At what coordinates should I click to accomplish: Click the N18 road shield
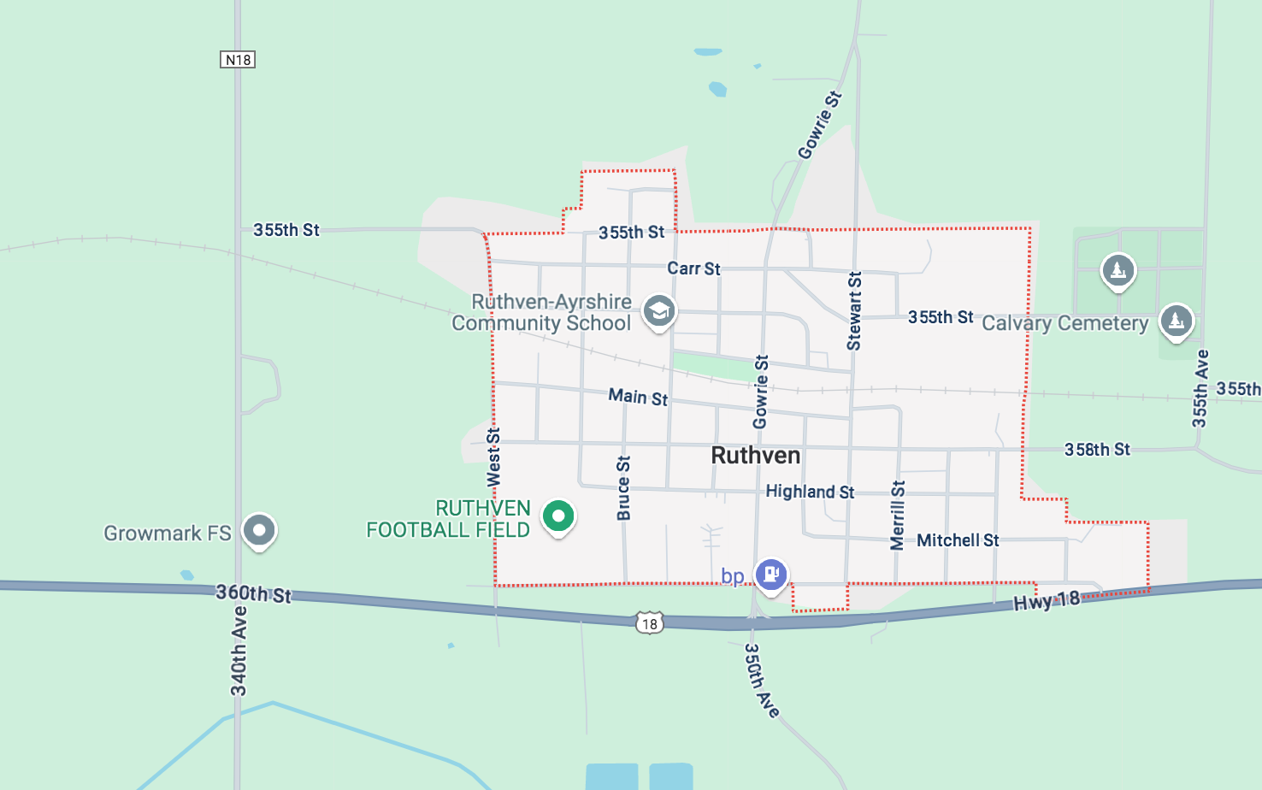click(x=238, y=59)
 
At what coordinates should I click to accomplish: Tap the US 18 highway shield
click(x=650, y=622)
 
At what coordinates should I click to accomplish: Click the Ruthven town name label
click(x=756, y=455)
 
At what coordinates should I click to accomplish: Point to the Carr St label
click(x=693, y=268)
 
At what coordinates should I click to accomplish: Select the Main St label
click(x=638, y=397)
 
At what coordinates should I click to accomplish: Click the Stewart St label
click(x=854, y=311)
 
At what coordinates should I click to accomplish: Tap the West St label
click(x=494, y=457)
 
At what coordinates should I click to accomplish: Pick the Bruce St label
click(x=624, y=488)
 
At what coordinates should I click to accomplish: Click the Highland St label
click(x=810, y=492)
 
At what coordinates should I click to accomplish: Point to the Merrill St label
click(x=897, y=515)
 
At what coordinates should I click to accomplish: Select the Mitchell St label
click(x=958, y=540)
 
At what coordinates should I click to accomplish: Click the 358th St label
click(x=1097, y=450)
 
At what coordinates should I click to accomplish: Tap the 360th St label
click(x=253, y=593)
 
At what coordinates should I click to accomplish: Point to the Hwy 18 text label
click(x=1047, y=601)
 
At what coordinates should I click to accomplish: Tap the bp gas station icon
click(x=770, y=574)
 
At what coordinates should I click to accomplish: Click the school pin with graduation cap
click(x=659, y=311)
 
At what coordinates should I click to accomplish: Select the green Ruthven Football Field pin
click(x=558, y=516)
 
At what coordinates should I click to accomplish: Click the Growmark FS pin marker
click(x=259, y=530)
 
